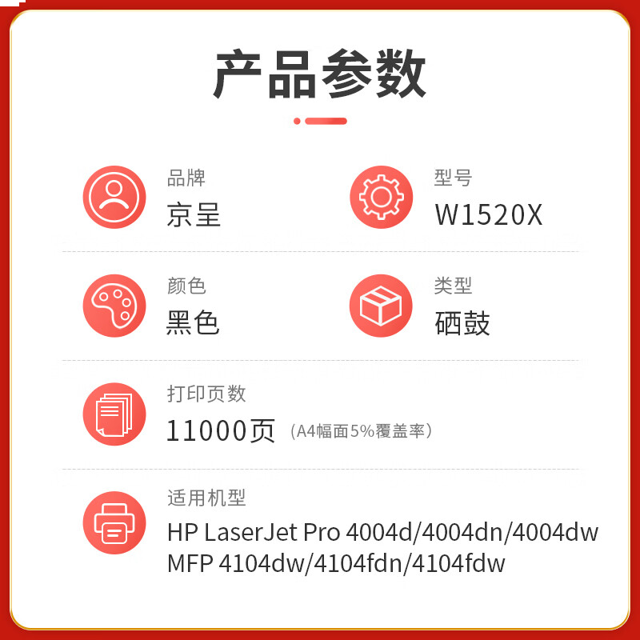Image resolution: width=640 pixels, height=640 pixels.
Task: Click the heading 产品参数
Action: coord(320,74)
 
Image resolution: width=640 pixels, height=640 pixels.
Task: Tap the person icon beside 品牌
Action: coord(114,197)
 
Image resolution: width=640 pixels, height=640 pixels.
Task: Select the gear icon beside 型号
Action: coord(381,197)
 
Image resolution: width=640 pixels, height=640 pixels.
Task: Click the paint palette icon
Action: coord(114,306)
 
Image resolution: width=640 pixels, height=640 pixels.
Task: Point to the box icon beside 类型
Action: coord(381,306)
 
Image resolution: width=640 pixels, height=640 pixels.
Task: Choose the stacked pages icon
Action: coord(114,414)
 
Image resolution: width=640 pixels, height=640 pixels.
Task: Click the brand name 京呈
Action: coord(194,214)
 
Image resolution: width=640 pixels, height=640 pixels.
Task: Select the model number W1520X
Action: coord(489,214)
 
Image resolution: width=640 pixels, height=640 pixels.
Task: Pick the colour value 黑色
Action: coord(193,322)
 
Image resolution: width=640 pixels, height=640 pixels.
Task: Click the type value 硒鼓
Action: coord(462,322)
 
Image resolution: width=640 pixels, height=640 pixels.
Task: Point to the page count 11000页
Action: coord(221,431)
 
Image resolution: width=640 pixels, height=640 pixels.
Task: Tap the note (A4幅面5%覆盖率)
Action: coord(362,432)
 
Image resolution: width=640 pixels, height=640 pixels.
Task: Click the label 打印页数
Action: coord(206,394)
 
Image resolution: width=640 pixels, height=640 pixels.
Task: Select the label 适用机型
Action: coord(206,498)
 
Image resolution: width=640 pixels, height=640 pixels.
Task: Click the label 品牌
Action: coord(186,178)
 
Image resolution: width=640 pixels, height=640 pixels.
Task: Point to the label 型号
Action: coord(453,178)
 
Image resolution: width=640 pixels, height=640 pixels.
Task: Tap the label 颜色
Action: coord(186,286)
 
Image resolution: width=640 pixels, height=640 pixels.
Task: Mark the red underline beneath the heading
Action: coord(320,121)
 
